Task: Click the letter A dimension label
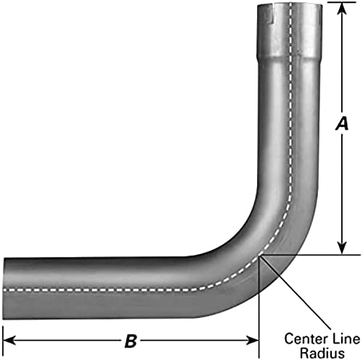(342, 123)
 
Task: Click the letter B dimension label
(131, 340)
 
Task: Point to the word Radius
(322, 353)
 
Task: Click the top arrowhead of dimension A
(342, 9)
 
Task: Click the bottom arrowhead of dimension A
(342, 248)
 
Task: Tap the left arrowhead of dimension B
(9, 340)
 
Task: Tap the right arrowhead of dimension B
(253, 340)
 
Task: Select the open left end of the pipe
(4, 289)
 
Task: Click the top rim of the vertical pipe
(290, 4)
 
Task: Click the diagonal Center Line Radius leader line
(295, 292)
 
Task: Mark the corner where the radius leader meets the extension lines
(259, 255)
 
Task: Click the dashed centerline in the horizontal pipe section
(102, 290)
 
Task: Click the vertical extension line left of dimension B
(2, 342)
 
